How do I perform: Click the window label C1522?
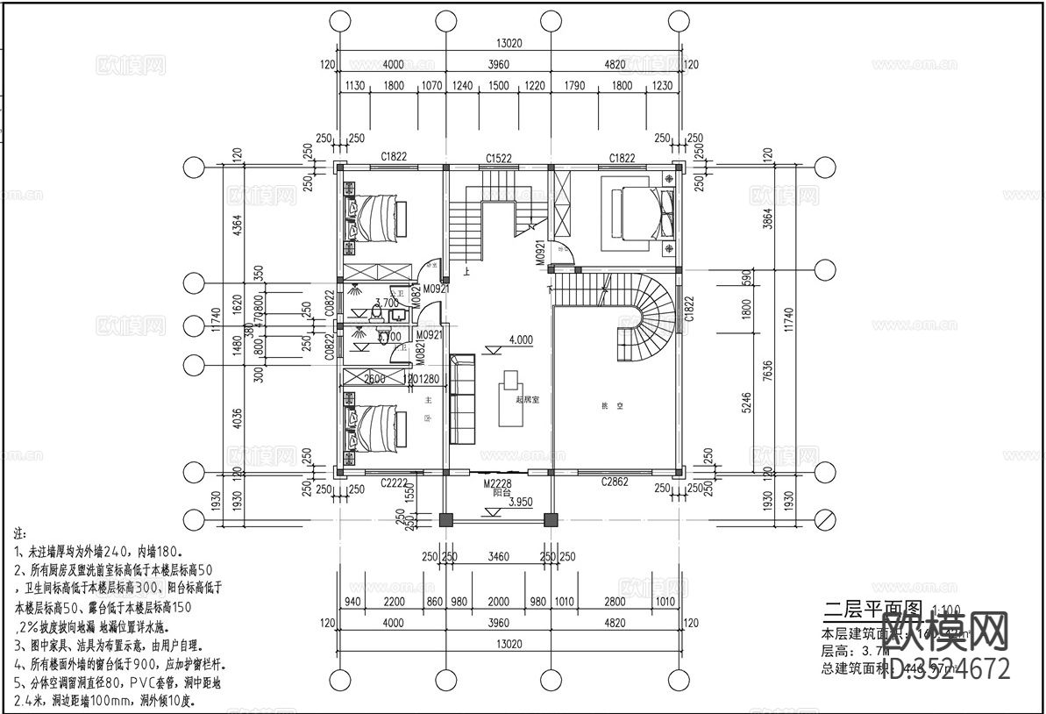499,158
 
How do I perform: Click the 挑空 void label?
605,406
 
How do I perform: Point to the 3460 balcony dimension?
498,556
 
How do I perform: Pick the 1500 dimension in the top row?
498,86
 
